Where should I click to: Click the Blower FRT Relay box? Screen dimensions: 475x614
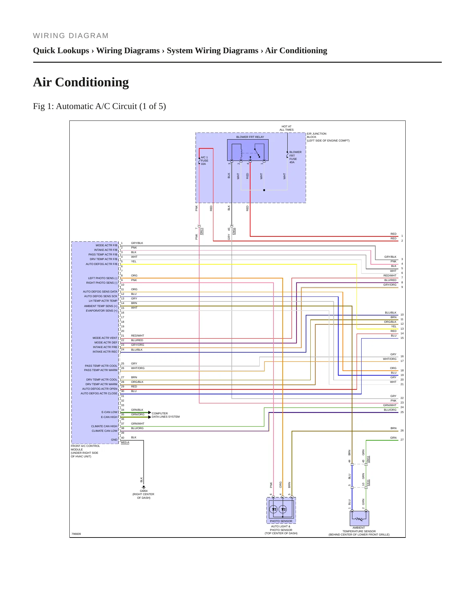[x=248, y=150]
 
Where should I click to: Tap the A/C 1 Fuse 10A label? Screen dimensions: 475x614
[x=204, y=161]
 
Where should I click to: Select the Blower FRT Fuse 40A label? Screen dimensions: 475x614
[x=295, y=157]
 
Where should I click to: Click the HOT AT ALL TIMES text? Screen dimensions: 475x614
[x=286, y=128]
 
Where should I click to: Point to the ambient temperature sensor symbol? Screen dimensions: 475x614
[x=359, y=518]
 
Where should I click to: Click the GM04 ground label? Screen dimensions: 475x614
[x=144, y=491]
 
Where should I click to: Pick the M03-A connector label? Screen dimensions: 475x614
[x=125, y=442]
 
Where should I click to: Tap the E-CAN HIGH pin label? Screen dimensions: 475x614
[x=109, y=417]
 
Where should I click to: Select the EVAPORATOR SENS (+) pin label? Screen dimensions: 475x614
[x=102, y=311]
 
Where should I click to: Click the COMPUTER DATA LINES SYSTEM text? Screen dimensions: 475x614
[x=166, y=415]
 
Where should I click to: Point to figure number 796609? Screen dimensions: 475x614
[x=76, y=534]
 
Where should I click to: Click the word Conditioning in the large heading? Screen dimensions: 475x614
[x=92, y=82]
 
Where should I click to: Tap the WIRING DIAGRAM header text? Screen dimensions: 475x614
[x=71, y=36]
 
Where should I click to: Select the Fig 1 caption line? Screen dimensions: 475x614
[x=99, y=106]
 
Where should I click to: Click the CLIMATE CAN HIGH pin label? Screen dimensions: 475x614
[x=104, y=426]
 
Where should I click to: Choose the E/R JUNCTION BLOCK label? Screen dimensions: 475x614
[x=328, y=137]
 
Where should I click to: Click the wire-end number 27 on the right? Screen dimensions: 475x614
[x=402, y=440]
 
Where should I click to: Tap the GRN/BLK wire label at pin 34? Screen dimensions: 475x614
[x=137, y=410]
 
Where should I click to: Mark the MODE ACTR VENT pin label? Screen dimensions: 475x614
[x=105, y=338]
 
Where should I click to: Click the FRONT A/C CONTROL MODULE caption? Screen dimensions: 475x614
[x=85, y=451]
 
